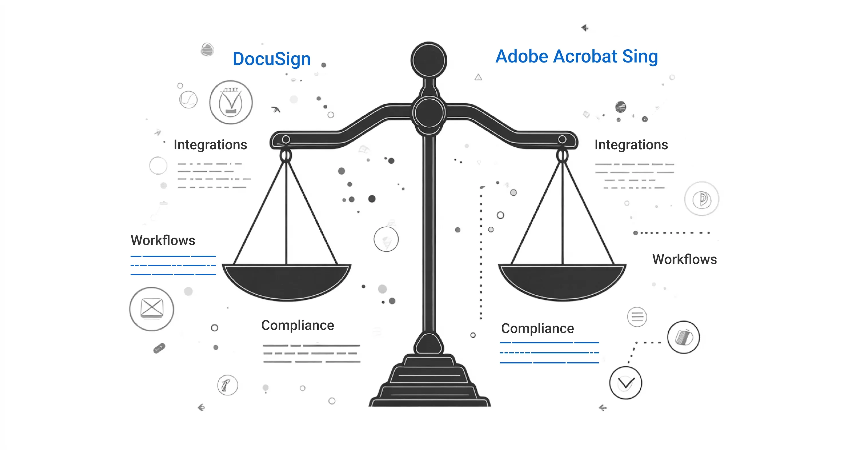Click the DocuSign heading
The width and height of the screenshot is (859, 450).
pyautogui.click(x=271, y=59)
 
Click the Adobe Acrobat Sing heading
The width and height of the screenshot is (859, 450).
pyautogui.click(x=577, y=56)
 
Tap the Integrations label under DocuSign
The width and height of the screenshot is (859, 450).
pyautogui.click(x=210, y=145)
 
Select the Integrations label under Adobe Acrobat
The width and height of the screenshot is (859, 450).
pyautogui.click(x=631, y=145)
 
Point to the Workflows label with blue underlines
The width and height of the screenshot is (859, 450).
pyautogui.click(x=163, y=240)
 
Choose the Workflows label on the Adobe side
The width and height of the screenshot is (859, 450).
pyautogui.click(x=685, y=259)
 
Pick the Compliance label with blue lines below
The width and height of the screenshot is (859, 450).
pyautogui.click(x=537, y=329)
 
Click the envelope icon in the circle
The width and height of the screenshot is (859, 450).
pyautogui.click(x=152, y=309)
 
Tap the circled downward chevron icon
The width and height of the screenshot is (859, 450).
pyautogui.click(x=626, y=383)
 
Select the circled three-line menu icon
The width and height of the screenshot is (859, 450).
pyautogui.click(x=637, y=316)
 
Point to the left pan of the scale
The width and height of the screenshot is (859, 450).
pyautogui.click(x=286, y=281)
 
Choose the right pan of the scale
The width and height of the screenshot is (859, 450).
pyautogui.click(x=562, y=281)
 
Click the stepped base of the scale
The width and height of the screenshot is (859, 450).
pyautogui.click(x=429, y=381)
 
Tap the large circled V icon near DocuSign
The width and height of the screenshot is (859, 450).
pyautogui.click(x=231, y=102)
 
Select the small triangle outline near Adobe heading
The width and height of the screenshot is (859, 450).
pyautogui.click(x=478, y=77)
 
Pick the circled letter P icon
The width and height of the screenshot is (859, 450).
pyautogui.click(x=702, y=199)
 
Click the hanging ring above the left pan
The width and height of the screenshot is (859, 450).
pyautogui.click(x=285, y=156)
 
